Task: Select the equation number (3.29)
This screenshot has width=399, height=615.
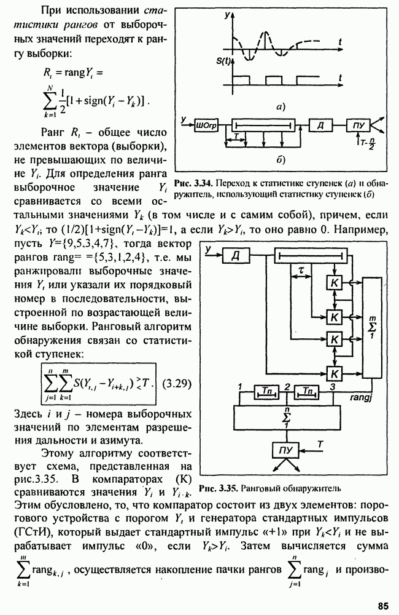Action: click(x=180, y=384)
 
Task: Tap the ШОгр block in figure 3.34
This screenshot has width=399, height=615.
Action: click(x=205, y=125)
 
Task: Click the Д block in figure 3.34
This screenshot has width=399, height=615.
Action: click(x=320, y=125)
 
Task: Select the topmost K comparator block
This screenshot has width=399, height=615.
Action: click(x=335, y=282)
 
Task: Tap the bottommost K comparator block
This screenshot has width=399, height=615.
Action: click(x=335, y=372)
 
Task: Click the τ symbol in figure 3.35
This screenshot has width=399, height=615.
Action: click(x=302, y=270)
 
